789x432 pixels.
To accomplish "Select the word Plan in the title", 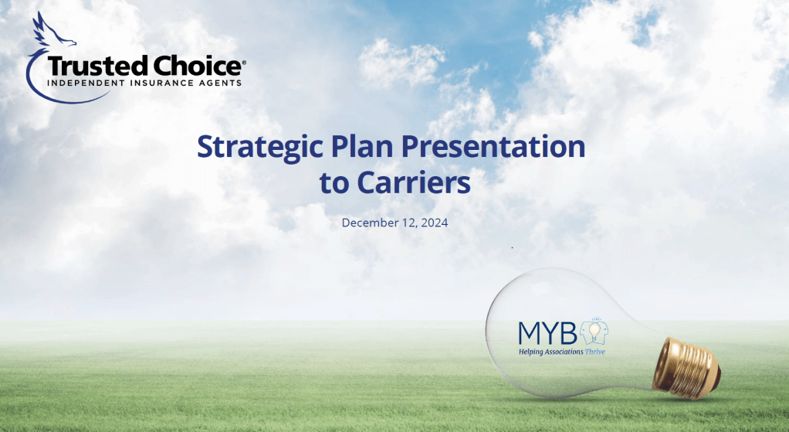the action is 362,147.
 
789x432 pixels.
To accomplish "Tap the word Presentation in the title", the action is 493,147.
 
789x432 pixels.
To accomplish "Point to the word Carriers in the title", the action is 414,183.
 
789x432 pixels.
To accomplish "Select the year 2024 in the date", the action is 435,223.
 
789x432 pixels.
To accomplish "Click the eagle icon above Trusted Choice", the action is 52,30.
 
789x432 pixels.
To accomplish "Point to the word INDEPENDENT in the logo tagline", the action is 86,83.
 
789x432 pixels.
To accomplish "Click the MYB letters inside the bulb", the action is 548,333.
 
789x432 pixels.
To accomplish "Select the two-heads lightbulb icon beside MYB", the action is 594,332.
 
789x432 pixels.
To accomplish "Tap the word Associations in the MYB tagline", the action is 564,352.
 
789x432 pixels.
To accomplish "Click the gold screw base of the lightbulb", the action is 686,368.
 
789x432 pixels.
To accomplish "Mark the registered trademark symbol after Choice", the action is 244,63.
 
